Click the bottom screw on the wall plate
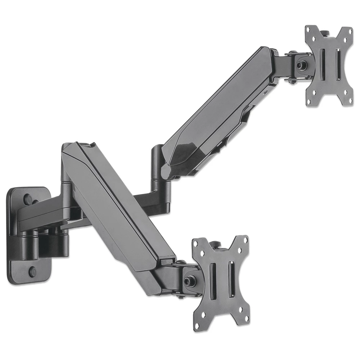point(32,271)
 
